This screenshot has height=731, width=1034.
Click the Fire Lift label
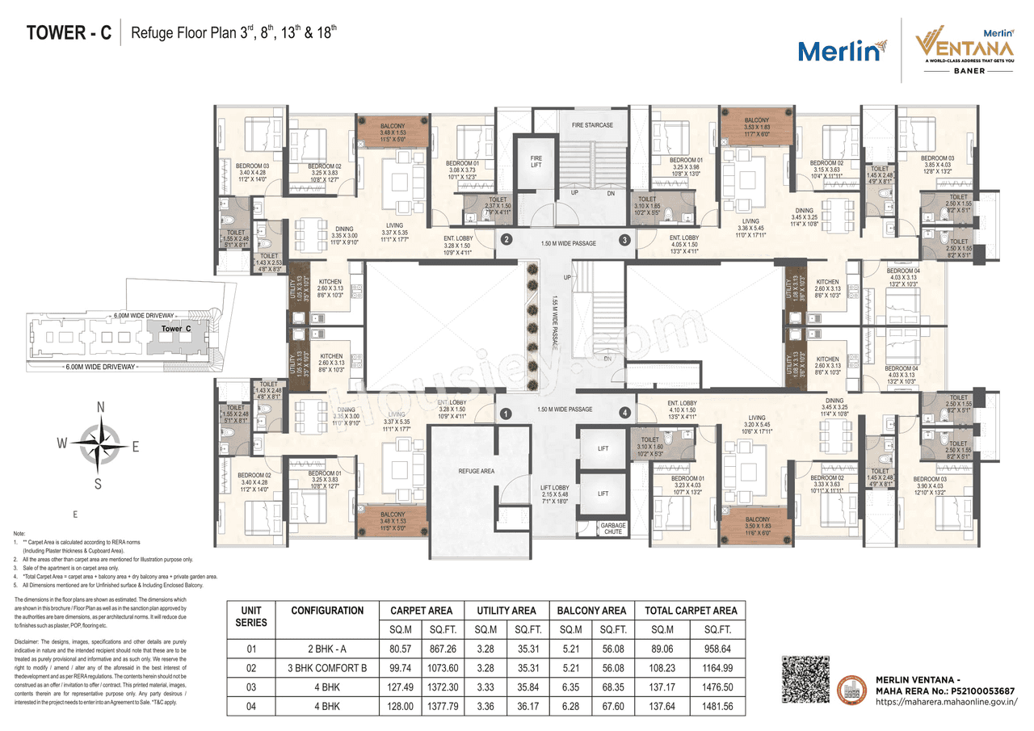tap(536, 162)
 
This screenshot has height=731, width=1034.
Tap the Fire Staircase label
tap(592, 125)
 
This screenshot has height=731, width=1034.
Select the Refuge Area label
tap(476, 470)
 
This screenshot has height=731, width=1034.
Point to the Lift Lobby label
tap(555, 494)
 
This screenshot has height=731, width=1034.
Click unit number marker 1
tap(506, 414)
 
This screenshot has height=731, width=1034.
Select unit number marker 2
tap(506, 239)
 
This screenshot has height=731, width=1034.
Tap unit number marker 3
tap(624, 239)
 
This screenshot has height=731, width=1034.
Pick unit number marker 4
tap(624, 414)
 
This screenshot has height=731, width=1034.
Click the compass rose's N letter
tap(100, 408)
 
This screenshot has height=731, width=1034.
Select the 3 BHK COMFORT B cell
tap(328, 668)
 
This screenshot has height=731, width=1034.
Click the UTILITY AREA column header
tap(506, 611)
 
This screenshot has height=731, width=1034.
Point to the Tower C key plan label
tap(175, 329)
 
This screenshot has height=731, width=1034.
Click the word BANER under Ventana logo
tap(958, 71)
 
